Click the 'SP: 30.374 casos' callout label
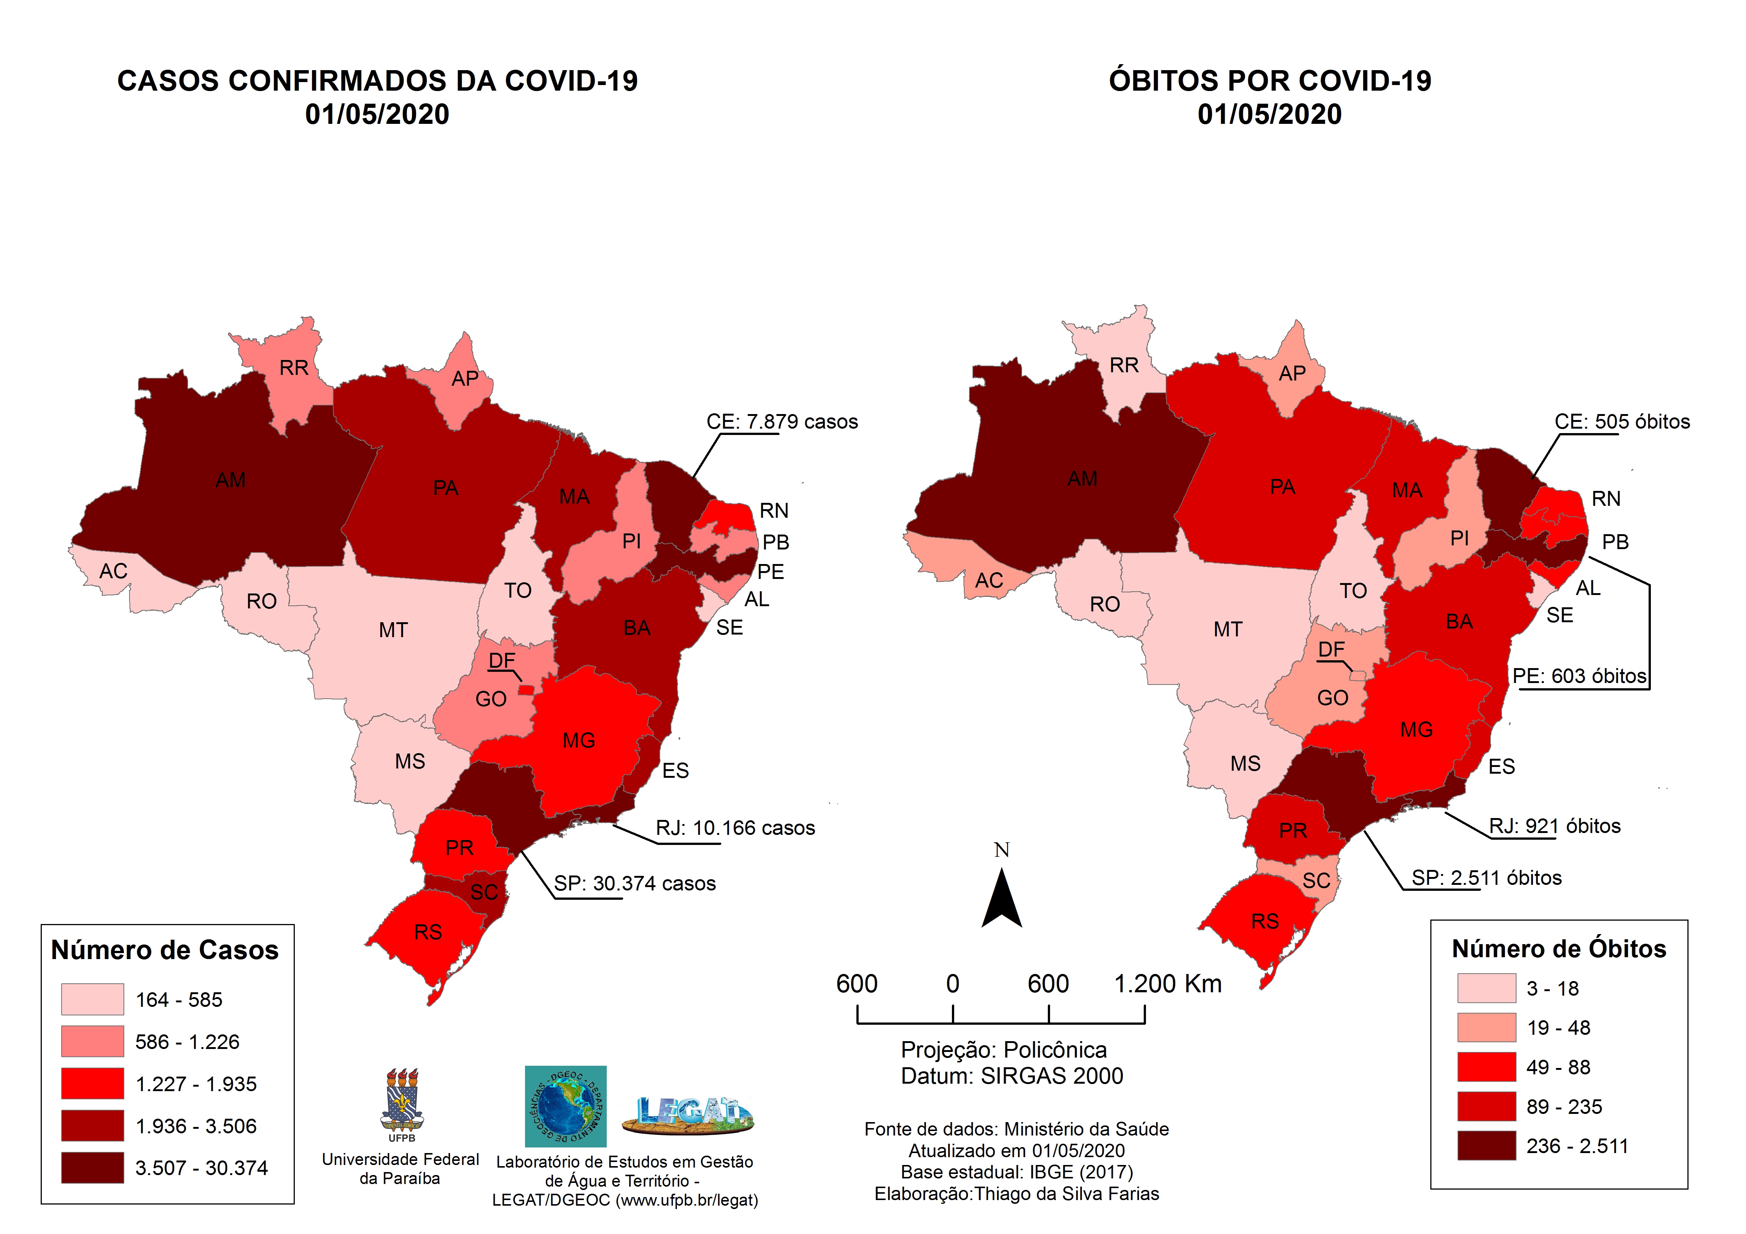pyautogui.click(x=634, y=883)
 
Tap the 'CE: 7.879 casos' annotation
pyautogui.click(x=782, y=422)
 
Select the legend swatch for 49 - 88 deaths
pyautogui.click(x=1486, y=1067)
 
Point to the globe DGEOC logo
pyautogui.click(x=565, y=1106)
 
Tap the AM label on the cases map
pyautogui.click(x=230, y=480)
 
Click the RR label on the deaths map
pyautogui.click(x=1124, y=366)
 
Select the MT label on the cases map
pyautogui.click(x=393, y=630)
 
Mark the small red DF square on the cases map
pyautogui.click(x=525, y=690)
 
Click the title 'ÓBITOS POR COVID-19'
pyautogui.click(x=1269, y=81)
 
